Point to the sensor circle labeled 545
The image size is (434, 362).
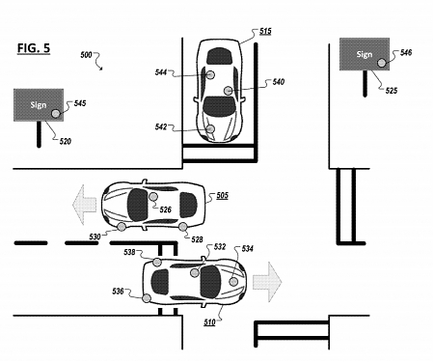tap(56, 112)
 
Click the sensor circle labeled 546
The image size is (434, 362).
tap(382, 63)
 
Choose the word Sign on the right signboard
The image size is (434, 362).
tap(364, 54)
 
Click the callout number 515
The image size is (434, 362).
tap(265, 33)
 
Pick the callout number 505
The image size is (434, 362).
tap(221, 196)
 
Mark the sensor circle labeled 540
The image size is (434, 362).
tap(229, 90)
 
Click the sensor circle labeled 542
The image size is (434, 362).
tap(208, 127)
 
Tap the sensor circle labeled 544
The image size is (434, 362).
tap(209, 73)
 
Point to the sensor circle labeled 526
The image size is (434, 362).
tap(154, 197)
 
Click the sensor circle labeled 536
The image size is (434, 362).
tap(147, 299)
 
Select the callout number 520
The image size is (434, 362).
tap(64, 142)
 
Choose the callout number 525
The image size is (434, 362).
tap(391, 92)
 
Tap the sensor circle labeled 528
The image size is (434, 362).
tap(184, 227)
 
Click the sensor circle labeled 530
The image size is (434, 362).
tap(122, 227)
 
